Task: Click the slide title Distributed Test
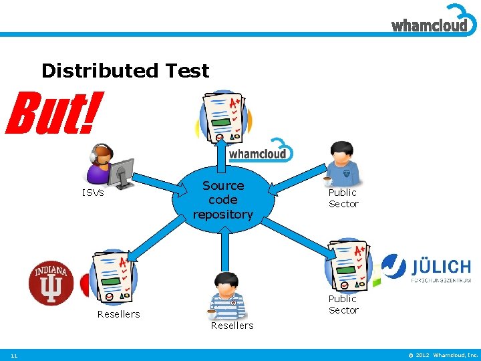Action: pyautogui.click(x=125, y=70)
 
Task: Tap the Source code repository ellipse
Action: pyautogui.click(x=223, y=200)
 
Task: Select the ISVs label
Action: pyautogui.click(x=93, y=193)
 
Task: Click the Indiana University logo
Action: pyautogui.click(x=51, y=283)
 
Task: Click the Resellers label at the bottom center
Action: pyautogui.click(x=232, y=326)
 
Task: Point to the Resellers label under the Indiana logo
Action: pyautogui.click(x=118, y=314)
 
